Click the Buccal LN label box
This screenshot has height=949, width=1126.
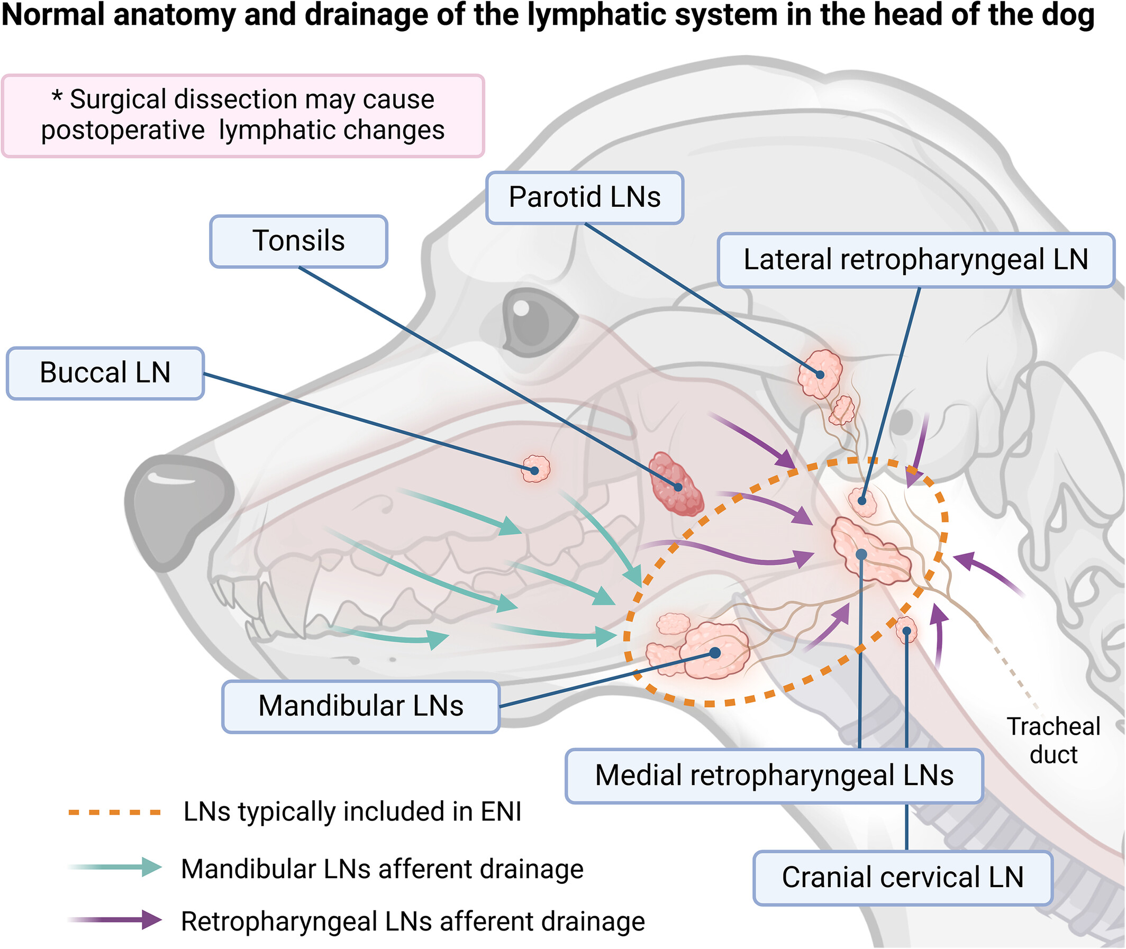click(105, 373)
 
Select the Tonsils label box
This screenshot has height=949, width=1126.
click(298, 241)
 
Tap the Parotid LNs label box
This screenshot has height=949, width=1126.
click(584, 197)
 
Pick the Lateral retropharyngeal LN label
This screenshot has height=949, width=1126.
click(915, 260)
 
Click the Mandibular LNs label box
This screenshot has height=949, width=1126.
click(360, 706)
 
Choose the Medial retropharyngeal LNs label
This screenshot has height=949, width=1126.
click(774, 775)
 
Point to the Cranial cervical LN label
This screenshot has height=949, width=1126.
click(902, 878)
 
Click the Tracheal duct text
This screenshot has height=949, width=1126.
click(1053, 740)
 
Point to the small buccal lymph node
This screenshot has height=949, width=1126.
click(535, 469)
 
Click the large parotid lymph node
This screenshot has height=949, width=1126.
click(819, 373)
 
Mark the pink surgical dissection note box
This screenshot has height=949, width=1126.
click(243, 116)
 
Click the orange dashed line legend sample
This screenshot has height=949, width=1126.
click(114, 813)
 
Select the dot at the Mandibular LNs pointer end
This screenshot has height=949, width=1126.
click(715, 653)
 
